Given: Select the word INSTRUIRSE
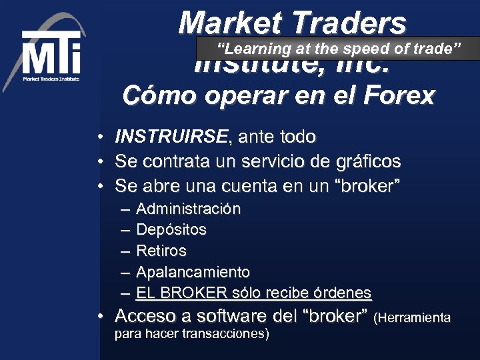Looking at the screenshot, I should (x=171, y=137).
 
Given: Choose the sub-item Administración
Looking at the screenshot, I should (x=188, y=209).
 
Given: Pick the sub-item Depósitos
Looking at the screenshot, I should (x=171, y=230).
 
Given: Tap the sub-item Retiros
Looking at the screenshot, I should (x=161, y=251).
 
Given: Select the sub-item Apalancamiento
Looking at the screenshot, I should (x=193, y=272).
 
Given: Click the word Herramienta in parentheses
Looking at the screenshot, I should (x=413, y=318).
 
